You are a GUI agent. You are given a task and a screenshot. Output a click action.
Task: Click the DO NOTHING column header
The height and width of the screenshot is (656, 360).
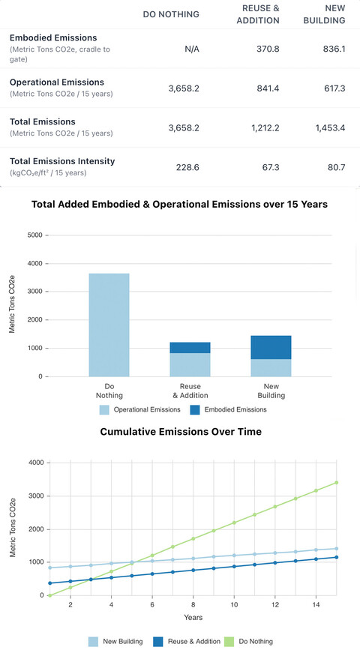[x=171, y=13]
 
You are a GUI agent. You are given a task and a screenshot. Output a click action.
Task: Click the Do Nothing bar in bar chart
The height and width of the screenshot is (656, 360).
[x=109, y=325]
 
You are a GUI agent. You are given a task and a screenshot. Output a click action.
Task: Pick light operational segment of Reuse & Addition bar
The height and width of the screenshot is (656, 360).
[x=190, y=364]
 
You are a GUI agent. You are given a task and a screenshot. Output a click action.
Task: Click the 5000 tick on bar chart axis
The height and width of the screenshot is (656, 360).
[x=36, y=235]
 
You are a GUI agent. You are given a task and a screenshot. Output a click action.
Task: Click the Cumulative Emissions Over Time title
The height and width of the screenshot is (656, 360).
[x=180, y=432]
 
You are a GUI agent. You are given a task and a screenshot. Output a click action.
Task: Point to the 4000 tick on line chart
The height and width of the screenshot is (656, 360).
[x=36, y=463]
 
